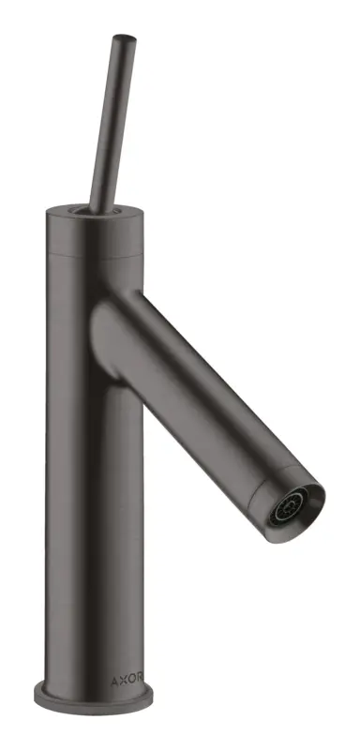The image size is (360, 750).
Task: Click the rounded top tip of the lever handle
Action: (x=125, y=38)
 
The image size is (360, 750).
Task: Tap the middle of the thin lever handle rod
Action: (x=112, y=124)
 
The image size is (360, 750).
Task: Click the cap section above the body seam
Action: (x=95, y=232)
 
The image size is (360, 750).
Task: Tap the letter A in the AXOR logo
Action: (x=114, y=681)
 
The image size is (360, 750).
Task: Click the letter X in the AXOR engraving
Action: (x=124, y=680)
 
